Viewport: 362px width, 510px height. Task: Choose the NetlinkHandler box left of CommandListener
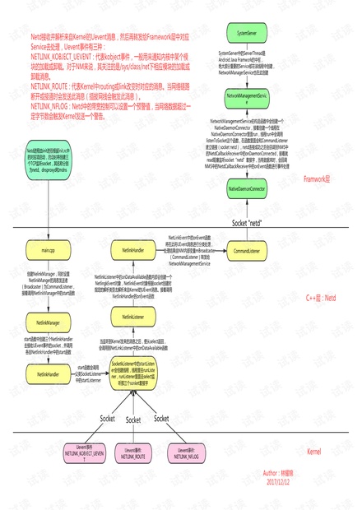click(133, 248)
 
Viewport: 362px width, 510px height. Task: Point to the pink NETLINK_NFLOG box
click(186, 453)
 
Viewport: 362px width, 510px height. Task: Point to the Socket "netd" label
click(251, 222)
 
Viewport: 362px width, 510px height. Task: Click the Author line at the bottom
click(281, 473)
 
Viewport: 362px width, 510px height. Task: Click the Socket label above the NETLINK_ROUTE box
click(133, 420)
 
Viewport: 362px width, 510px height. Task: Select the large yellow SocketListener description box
click(133, 374)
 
